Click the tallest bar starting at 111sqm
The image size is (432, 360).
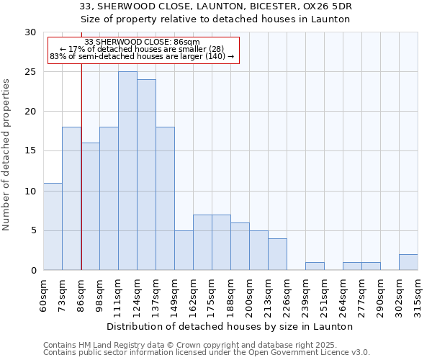click(127, 171)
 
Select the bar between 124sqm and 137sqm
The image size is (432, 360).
click(146, 175)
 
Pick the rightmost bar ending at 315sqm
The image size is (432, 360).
click(408, 262)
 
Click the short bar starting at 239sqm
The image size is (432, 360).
click(315, 266)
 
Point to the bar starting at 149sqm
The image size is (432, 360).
click(184, 251)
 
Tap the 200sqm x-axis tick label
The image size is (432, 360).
click(250, 293)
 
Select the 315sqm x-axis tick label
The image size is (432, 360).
click(418, 293)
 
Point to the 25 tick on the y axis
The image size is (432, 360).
click(30, 72)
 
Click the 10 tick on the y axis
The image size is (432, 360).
click(30, 191)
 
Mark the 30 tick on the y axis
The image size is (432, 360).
click(30, 32)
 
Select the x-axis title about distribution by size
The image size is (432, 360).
click(234, 326)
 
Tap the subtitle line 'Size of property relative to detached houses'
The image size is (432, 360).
click(215, 19)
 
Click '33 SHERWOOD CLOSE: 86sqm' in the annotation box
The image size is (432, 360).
click(142, 42)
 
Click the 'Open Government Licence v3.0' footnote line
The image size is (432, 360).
click(207, 353)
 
